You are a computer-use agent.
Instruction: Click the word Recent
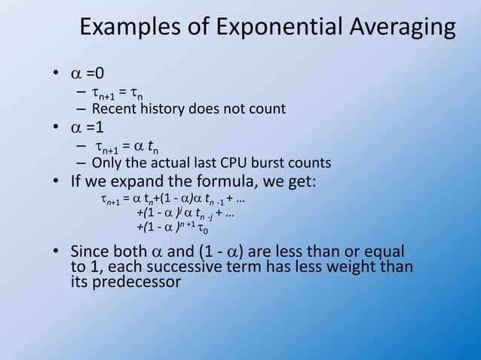(x=113, y=109)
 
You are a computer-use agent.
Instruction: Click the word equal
(x=384, y=251)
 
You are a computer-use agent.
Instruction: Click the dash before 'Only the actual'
(x=81, y=163)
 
